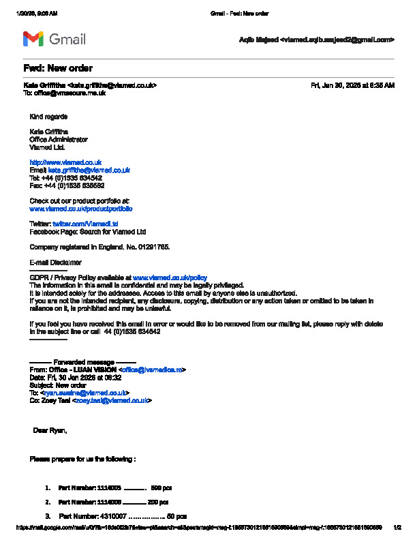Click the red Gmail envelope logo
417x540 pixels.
[x=33, y=39]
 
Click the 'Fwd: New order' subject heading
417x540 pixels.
[x=58, y=68]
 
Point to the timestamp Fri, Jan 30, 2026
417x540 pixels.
[x=352, y=85]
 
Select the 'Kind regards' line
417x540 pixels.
[x=48, y=117]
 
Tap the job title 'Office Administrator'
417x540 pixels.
[x=59, y=139]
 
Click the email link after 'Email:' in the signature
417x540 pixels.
[x=89, y=170]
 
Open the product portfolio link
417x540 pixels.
[x=81, y=208]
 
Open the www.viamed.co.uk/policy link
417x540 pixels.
[x=170, y=277]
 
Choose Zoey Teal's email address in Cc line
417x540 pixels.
[x=112, y=400]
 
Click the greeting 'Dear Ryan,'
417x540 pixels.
[x=50, y=430]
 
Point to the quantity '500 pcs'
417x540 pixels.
[x=161, y=488]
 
